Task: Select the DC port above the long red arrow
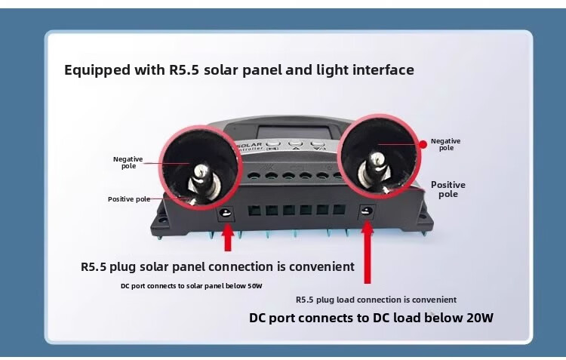click(368, 213)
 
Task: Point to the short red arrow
click(227, 237)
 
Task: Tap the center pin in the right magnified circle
click(375, 162)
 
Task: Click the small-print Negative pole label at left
click(128, 162)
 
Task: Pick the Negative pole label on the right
click(445, 144)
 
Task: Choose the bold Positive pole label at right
click(448, 189)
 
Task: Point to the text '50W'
click(254, 286)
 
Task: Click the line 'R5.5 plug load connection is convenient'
click(376, 300)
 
